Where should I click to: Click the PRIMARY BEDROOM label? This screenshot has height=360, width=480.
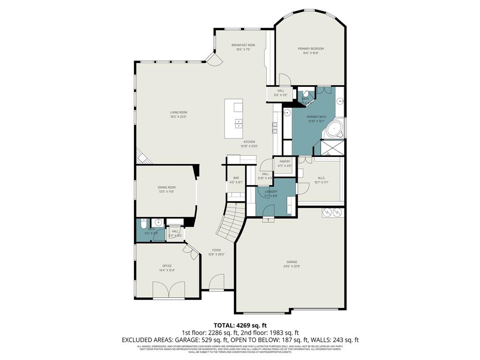pos(311,49)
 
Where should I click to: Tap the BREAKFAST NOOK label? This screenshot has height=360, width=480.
pos(243,45)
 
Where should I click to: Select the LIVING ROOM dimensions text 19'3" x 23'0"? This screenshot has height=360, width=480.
pos(179,117)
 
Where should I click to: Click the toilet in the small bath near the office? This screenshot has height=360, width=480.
pos(144,223)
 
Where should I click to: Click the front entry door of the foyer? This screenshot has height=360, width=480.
pos(216,284)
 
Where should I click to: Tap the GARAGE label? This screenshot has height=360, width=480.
pos(292,262)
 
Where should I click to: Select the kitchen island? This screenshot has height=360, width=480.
pos(233,118)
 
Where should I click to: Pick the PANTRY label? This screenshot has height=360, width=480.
pos(285,161)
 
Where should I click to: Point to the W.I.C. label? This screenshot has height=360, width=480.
pos(321,178)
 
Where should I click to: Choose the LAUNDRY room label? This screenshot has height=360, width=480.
pos(271,192)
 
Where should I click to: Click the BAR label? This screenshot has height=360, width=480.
pos(236,178)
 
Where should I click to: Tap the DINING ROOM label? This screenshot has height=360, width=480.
pos(166,187)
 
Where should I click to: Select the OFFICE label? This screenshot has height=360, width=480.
pos(167,266)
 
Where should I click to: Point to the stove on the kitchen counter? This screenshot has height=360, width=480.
pos(275,127)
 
